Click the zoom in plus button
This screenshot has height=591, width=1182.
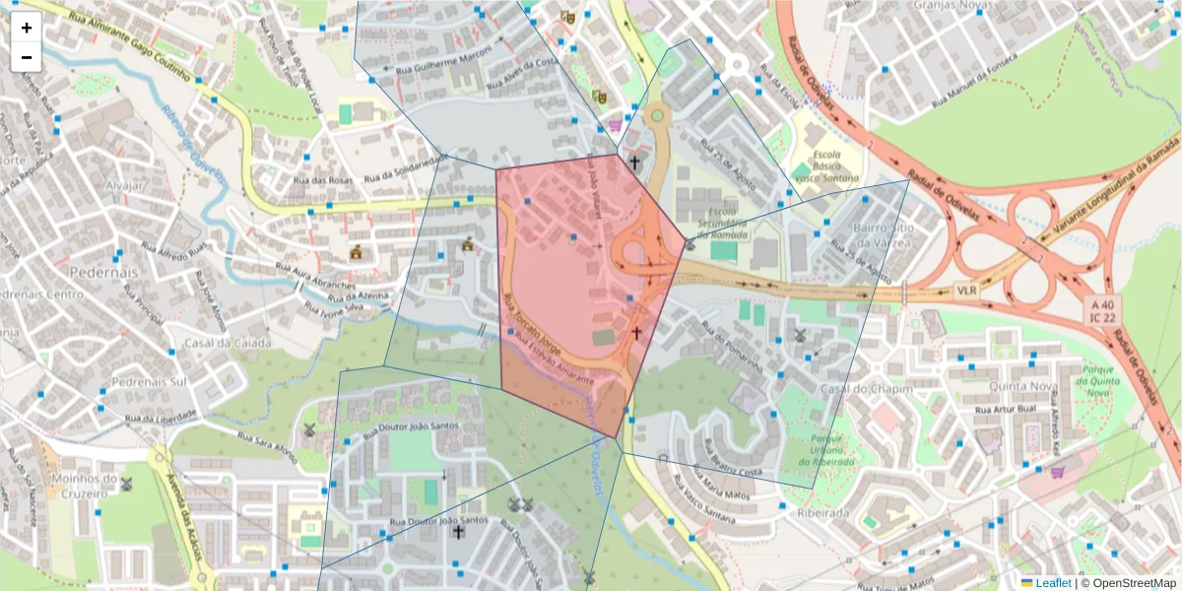pyautogui.click(x=27, y=28)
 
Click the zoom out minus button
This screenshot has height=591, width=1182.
pyautogui.click(x=27, y=57)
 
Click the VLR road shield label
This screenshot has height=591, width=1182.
pyautogui.click(x=967, y=293)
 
